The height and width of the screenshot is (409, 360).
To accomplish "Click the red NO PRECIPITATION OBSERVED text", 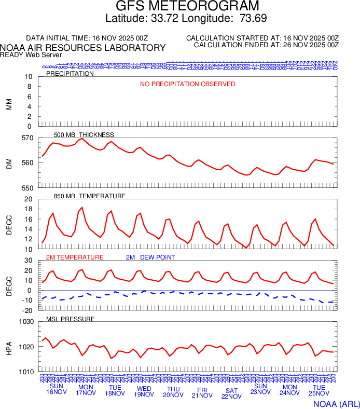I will point(188,84).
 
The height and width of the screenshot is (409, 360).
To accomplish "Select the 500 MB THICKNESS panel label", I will point(84,135).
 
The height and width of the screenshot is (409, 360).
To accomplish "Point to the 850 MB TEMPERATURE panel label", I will point(90,196).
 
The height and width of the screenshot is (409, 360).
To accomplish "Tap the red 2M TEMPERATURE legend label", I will point(75,257).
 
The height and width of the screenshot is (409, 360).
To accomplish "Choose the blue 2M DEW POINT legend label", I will point(150,257).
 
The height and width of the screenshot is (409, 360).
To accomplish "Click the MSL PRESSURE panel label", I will point(71,319).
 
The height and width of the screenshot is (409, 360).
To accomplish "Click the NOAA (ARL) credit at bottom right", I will point(336,403).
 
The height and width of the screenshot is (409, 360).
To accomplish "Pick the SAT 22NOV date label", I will point(232,393).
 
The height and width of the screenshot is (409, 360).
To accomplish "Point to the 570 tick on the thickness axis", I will point(27,138).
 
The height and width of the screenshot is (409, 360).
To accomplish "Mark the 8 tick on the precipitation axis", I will point(29,87).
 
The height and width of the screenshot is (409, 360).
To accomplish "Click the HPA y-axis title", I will point(9,347).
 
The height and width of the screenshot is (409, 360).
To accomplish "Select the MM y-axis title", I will point(9,102).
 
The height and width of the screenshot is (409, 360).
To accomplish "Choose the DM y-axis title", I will point(9,163).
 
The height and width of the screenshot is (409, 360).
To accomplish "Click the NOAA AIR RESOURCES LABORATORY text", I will point(83,48).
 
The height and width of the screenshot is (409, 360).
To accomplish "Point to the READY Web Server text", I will point(31,54).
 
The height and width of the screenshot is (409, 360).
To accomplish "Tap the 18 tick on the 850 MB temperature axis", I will point(28,209).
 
